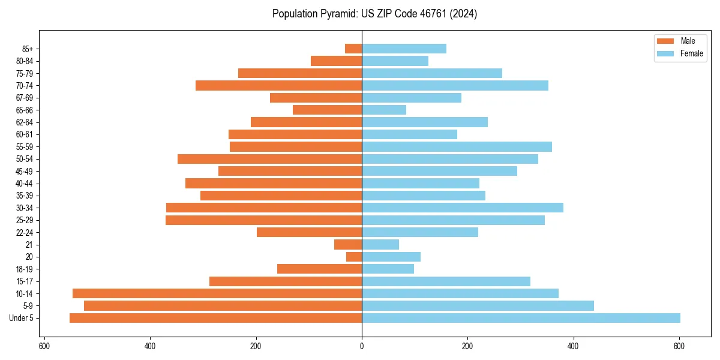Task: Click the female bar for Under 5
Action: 521,318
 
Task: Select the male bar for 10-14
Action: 217,293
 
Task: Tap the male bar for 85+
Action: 353,49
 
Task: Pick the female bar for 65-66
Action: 384,110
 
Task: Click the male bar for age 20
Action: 354,257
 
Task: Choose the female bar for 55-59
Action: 457,146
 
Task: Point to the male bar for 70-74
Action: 278,85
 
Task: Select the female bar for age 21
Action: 380,244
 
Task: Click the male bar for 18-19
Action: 319,269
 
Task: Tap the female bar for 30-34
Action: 463,208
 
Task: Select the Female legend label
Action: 691,53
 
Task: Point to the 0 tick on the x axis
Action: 362,346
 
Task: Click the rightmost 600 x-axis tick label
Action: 679,346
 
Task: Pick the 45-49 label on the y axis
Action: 25,171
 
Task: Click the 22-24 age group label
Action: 25,232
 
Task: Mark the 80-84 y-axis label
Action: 25,61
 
